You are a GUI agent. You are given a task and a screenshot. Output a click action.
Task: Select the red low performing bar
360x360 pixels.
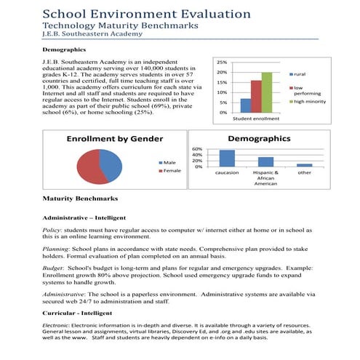click(x=256, y=96)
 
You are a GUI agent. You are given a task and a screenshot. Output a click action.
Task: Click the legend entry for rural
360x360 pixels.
click(x=299, y=74)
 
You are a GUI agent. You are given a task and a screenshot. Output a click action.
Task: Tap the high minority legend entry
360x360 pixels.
click(x=307, y=102)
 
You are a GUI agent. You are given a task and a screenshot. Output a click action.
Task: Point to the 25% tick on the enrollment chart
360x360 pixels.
click(x=223, y=63)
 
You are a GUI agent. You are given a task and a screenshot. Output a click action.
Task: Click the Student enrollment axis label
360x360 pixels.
click(x=255, y=118)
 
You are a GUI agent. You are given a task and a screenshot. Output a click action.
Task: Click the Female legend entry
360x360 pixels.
click(x=172, y=170)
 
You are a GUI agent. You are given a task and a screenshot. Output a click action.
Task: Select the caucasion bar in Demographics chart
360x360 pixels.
click(x=228, y=158)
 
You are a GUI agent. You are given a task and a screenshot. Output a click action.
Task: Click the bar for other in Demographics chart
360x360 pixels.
click(x=304, y=164)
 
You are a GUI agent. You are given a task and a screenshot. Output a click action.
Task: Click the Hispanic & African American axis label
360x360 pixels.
click(x=265, y=178)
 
